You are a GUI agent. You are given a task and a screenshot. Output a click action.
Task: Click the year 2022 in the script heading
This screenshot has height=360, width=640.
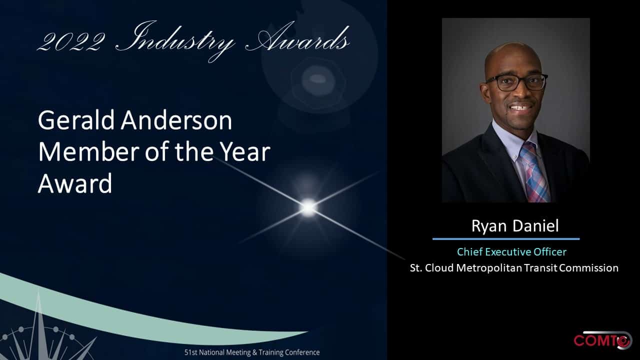click(71, 42)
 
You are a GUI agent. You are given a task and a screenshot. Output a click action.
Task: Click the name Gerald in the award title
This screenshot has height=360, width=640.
click(76, 120)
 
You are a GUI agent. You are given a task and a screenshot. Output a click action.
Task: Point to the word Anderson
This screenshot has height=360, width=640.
click(176, 120)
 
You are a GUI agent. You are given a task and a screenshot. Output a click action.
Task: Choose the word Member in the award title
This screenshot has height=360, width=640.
click(88, 151)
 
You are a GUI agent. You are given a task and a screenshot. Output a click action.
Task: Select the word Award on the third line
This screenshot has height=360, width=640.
click(75, 183)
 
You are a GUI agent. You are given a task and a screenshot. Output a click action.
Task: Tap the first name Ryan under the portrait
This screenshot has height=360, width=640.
click(489, 226)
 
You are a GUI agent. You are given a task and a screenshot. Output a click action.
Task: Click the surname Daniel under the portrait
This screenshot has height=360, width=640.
click(535, 225)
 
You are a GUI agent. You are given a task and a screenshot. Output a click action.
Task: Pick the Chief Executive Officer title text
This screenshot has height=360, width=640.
click(511, 251)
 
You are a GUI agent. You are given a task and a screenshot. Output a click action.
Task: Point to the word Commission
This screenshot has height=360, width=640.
click(589, 268)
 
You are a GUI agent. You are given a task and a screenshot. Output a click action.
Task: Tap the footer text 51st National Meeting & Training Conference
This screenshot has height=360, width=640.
click(252, 352)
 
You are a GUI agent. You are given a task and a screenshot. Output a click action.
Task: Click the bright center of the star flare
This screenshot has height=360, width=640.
click(308, 207)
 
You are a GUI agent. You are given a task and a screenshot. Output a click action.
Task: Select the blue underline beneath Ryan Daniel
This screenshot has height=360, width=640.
click(506, 239)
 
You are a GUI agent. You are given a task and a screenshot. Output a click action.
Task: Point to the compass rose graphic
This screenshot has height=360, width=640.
click(43, 334)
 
